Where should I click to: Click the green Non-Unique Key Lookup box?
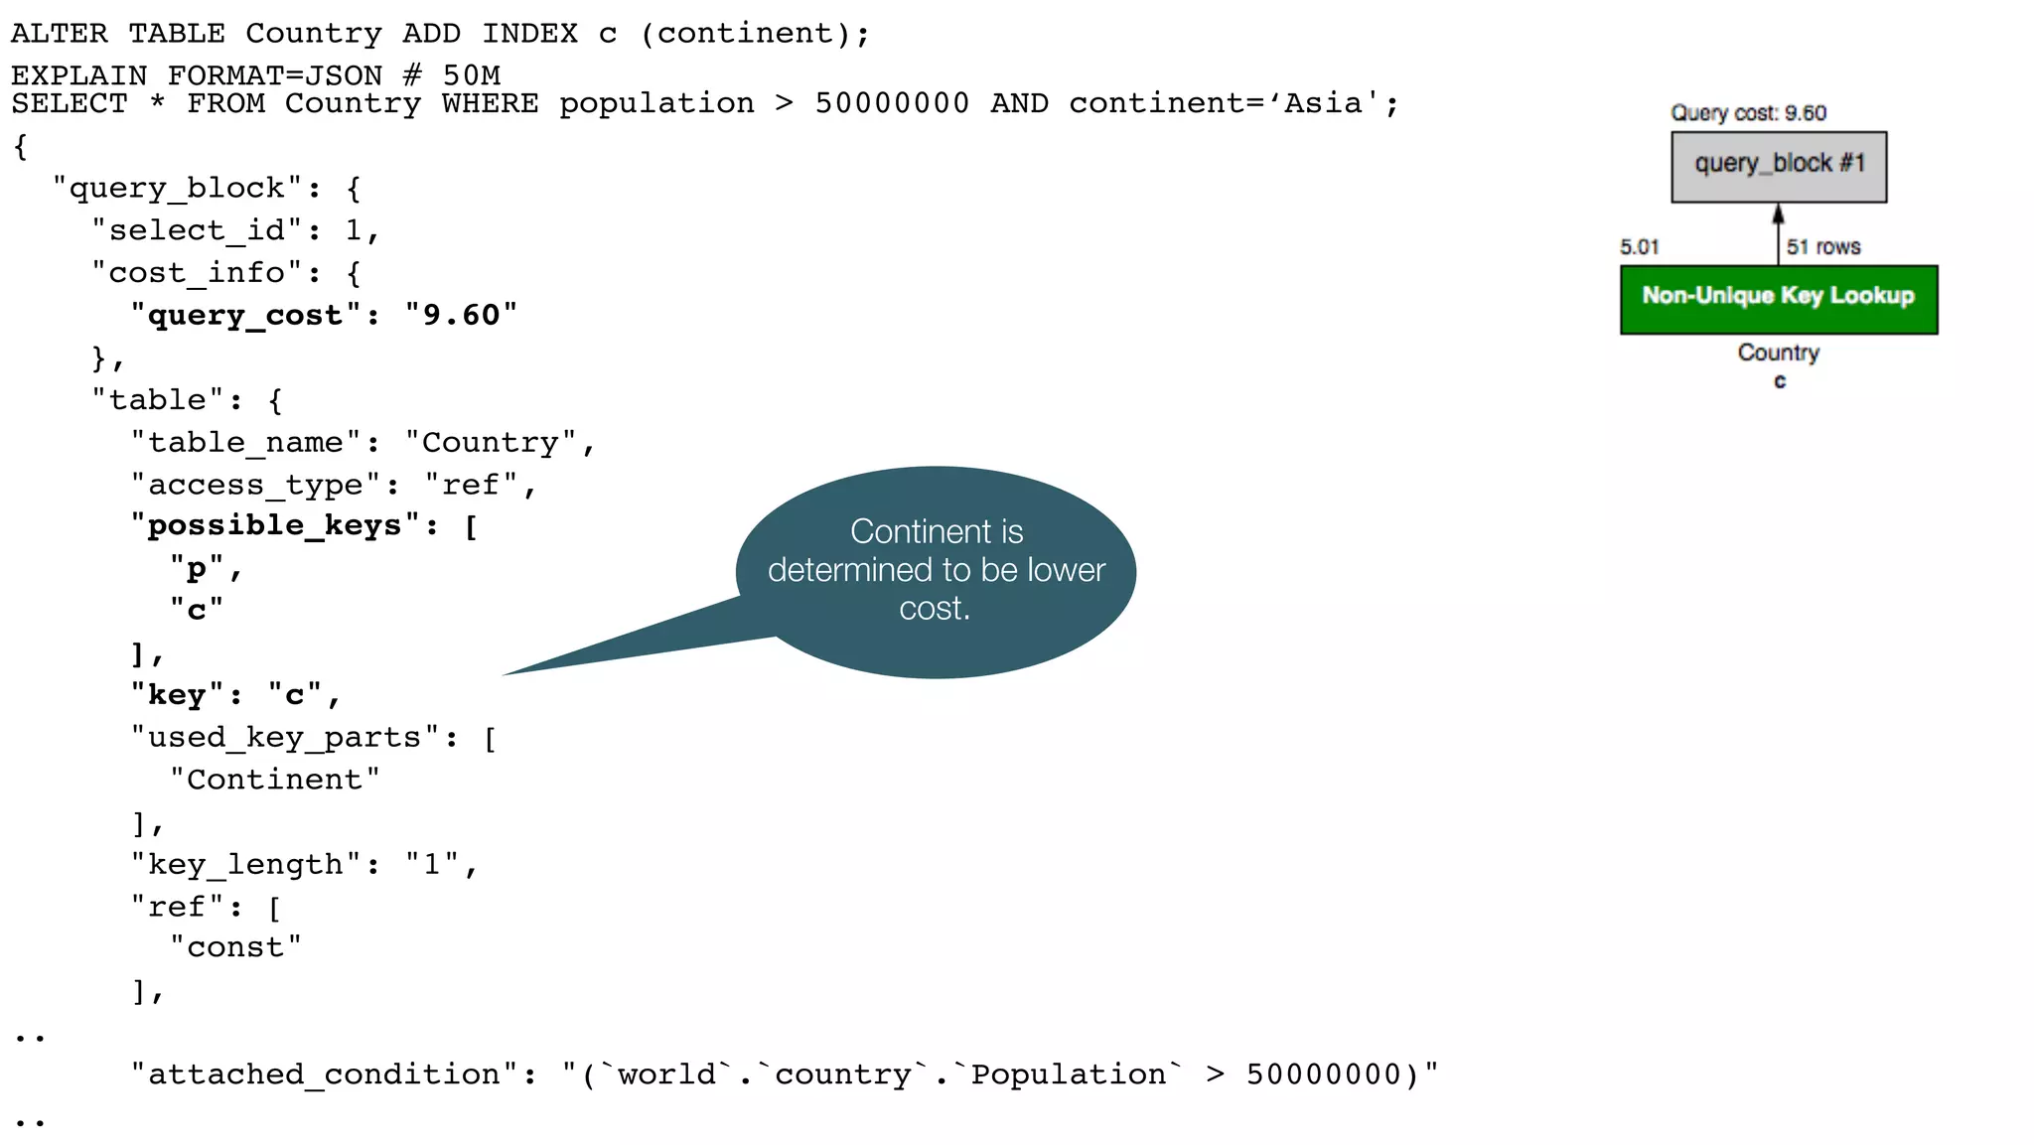1778,299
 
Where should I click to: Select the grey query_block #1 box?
1778,166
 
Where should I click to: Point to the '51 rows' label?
1822,247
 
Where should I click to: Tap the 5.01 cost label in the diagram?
1639,247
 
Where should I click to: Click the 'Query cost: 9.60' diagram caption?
1748,113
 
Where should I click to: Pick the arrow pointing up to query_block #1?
1778,232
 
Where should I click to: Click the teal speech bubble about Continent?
936,571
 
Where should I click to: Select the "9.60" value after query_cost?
461,316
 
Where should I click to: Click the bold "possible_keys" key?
275,525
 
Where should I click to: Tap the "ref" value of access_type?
471,486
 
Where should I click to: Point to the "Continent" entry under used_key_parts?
274,780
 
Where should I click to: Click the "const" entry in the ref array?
235,947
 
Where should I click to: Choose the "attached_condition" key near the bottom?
325,1074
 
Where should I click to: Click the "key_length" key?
245,865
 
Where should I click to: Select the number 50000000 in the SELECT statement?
891,103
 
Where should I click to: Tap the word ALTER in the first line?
59,34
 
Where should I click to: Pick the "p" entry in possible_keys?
197,569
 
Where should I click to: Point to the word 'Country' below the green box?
1778,353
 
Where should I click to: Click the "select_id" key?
197,230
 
